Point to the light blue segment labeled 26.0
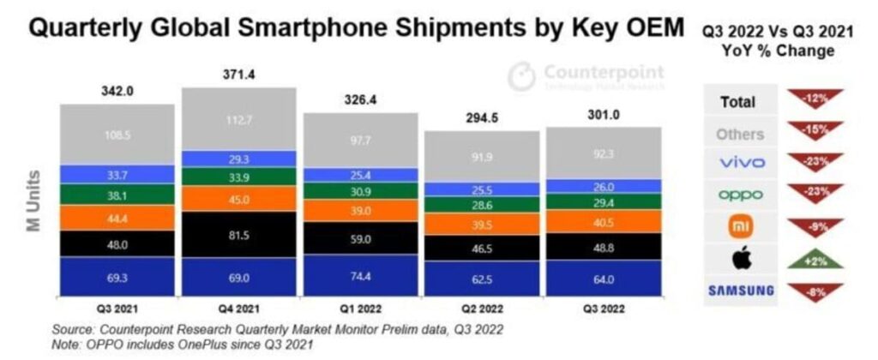tap(603, 186)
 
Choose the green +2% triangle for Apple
tap(814, 259)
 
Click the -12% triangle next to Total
tap(814, 99)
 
